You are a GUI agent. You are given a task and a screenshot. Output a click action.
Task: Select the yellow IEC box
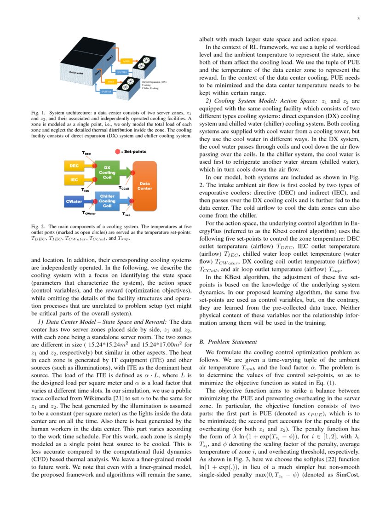pyautogui.click(x=74, y=180)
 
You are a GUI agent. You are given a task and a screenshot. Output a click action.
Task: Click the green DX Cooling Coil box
pyautogui.click(x=107, y=172)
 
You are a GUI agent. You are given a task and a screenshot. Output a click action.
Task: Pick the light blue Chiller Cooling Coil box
pyautogui.click(x=107, y=201)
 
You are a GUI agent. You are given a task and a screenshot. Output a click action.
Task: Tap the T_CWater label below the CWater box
pyautogui.click(x=89, y=213)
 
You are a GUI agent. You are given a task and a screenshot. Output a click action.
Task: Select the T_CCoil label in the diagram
pyautogui.click(x=124, y=188)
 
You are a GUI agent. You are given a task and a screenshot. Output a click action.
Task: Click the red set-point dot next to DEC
pyautogui.click(x=94, y=165)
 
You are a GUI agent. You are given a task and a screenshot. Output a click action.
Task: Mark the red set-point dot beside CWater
pyautogui.click(x=94, y=201)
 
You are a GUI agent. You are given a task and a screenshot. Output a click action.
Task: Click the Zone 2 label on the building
pyautogui.click(x=109, y=58)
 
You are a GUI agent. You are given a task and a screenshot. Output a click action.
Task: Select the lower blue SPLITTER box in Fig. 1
pyautogui.click(x=106, y=92)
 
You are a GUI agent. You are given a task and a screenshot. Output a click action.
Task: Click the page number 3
pyautogui.click(x=357, y=19)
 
